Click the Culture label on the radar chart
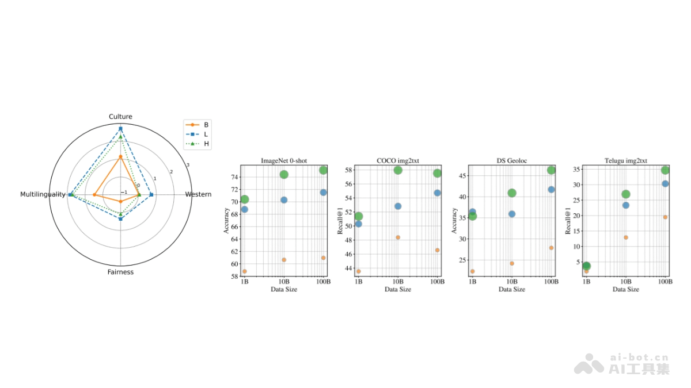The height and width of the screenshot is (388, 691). (120, 117)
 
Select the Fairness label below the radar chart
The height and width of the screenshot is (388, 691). (120, 272)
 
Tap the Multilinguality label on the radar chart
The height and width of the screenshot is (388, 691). (43, 194)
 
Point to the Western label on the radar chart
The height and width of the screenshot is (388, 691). (198, 194)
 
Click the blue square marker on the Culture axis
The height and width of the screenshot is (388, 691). (120, 128)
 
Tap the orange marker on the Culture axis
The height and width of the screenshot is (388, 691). (120, 156)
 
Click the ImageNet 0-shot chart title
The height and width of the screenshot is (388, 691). (283, 161)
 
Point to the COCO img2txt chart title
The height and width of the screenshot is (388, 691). (397, 161)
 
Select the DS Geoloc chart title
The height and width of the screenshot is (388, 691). (511, 161)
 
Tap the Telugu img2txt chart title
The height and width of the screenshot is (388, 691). (625, 161)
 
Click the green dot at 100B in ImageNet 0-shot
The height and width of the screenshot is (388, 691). (323, 170)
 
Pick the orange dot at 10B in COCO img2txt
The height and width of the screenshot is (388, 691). (397, 237)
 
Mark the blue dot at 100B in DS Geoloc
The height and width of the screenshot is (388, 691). (551, 189)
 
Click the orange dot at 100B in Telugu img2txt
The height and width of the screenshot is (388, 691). (665, 217)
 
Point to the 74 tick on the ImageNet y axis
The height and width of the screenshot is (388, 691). (235, 177)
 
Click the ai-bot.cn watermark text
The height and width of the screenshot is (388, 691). (639, 357)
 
